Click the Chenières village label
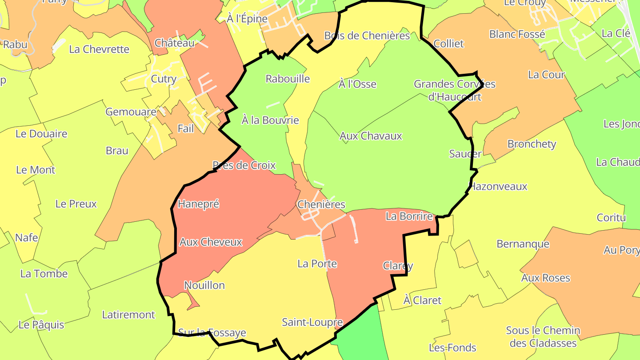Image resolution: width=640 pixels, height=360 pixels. click(321, 204)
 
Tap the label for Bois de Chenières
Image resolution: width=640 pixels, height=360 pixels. click(367, 36)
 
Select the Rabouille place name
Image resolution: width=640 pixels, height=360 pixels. click(288, 79)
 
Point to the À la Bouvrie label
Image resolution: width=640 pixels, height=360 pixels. click(270, 120)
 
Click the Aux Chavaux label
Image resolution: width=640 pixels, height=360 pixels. click(371, 136)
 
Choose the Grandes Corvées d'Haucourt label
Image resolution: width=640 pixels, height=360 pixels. click(454, 90)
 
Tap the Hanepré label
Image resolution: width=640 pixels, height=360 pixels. click(198, 204)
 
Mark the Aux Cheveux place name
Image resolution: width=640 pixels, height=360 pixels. click(211, 242)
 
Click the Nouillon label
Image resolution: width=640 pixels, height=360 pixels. click(204, 285)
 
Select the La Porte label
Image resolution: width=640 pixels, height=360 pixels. click(317, 264)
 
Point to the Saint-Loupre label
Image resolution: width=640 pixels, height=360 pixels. click(312, 322)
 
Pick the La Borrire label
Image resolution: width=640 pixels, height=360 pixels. click(409, 216)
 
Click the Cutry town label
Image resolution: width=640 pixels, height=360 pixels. click(164, 79)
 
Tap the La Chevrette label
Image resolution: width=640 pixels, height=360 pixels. click(99, 49)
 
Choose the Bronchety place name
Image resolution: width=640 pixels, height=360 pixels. click(532, 144)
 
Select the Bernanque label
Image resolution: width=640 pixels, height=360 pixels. click(523, 244)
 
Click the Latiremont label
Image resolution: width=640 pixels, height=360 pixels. click(128, 315)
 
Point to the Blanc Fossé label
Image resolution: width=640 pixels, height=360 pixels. click(517, 34)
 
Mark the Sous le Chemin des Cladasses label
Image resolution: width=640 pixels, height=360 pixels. click(543, 336)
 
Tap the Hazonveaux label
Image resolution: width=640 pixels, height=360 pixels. click(498, 186)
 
